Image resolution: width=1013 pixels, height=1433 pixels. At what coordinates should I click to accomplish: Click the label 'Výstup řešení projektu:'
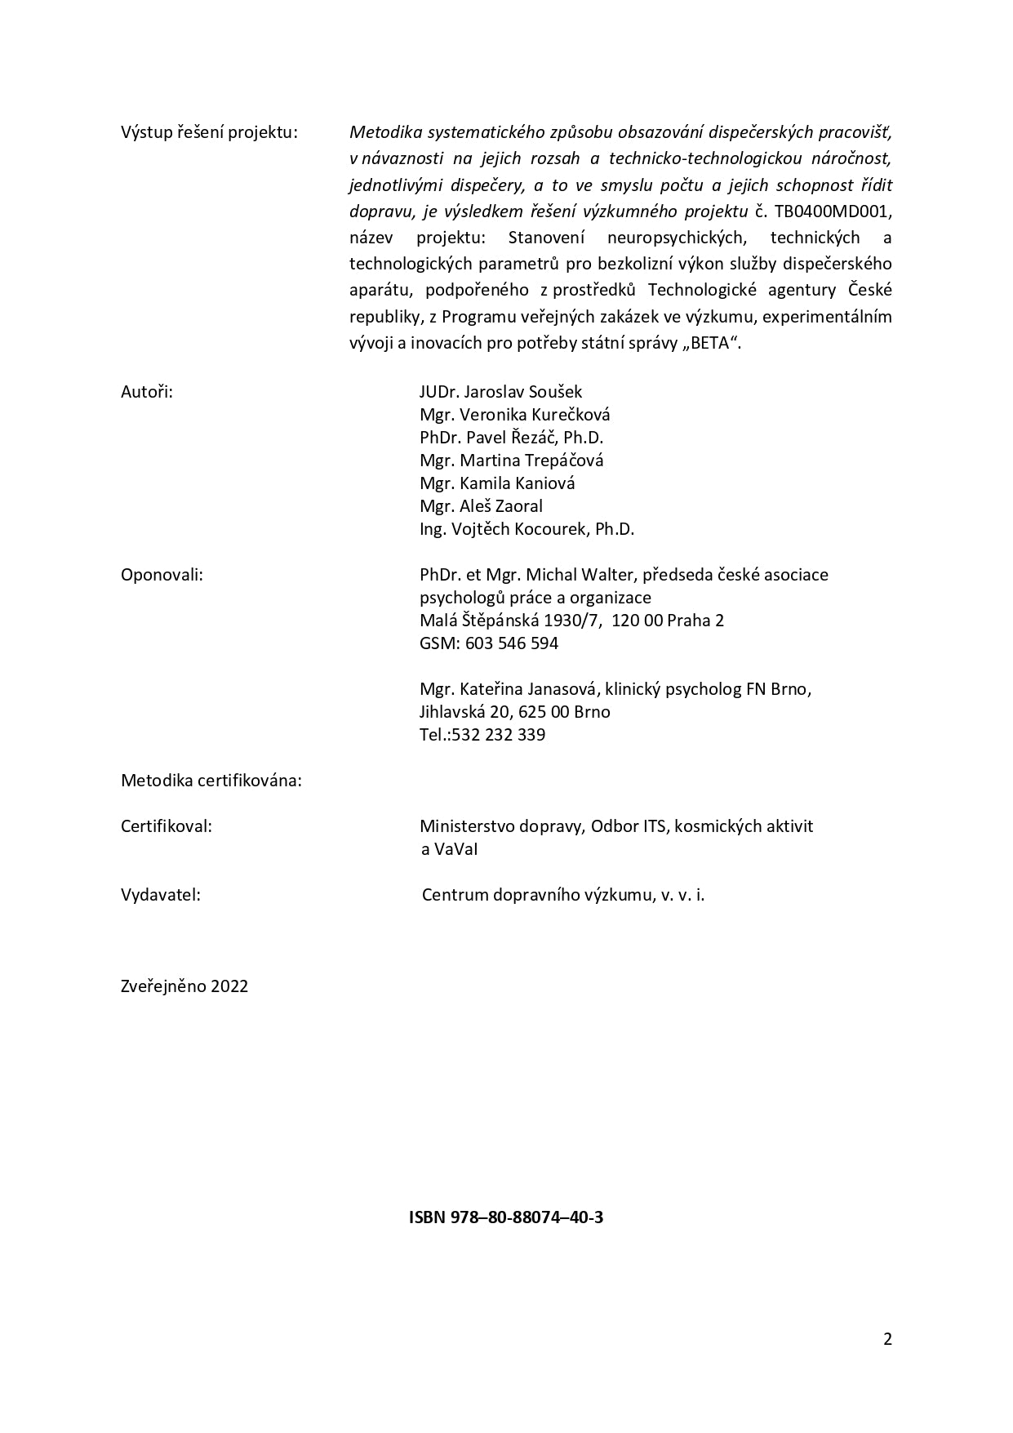pyautogui.click(x=209, y=132)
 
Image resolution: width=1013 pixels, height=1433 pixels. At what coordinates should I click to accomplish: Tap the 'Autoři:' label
pyautogui.click(x=147, y=391)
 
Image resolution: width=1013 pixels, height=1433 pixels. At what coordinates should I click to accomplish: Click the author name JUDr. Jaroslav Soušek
pyautogui.click(x=500, y=391)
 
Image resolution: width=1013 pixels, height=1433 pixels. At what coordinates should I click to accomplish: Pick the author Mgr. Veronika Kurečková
pyautogui.click(x=514, y=414)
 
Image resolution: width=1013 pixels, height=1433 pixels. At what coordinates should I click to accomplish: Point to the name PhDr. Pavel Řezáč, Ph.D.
pyautogui.click(x=511, y=437)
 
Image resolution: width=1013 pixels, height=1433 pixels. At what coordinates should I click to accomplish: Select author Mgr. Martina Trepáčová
pyautogui.click(x=511, y=460)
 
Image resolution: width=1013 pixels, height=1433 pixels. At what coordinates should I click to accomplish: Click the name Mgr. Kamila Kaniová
pyautogui.click(x=497, y=483)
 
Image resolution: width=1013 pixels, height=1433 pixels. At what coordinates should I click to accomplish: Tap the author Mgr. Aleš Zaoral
pyautogui.click(x=481, y=505)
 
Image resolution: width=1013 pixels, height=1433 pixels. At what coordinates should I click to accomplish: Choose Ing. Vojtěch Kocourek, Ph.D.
pyautogui.click(x=526, y=528)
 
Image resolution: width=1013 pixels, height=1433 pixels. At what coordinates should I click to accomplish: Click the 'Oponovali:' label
pyautogui.click(x=162, y=574)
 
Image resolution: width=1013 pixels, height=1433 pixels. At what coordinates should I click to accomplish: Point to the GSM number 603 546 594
pyautogui.click(x=512, y=643)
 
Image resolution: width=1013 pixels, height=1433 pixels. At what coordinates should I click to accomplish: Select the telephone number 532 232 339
pyautogui.click(x=499, y=734)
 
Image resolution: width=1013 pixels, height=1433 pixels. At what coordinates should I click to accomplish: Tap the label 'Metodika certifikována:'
pyautogui.click(x=211, y=780)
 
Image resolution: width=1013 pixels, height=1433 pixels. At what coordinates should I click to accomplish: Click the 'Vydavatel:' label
pyautogui.click(x=161, y=894)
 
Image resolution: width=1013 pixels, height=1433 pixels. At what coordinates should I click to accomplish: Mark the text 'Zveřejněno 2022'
pyautogui.click(x=184, y=986)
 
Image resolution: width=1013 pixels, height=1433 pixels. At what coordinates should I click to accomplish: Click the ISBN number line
pyautogui.click(x=506, y=1217)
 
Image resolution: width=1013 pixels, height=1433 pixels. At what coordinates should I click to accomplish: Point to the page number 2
pyautogui.click(x=887, y=1338)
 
